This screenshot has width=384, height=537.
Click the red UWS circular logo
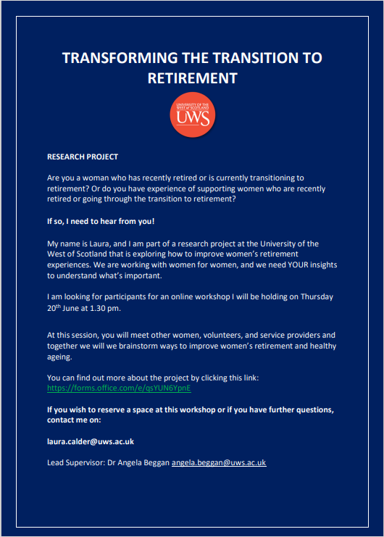click(x=191, y=115)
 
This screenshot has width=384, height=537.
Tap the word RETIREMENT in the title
click(x=192, y=78)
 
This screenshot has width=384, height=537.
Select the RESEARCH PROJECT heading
click(x=83, y=157)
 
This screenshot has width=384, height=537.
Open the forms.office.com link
click(x=118, y=388)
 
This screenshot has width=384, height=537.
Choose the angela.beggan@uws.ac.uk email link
click(x=219, y=462)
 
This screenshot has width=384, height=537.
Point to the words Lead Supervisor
click(x=78, y=462)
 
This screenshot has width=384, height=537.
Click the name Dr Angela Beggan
click(x=141, y=462)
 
